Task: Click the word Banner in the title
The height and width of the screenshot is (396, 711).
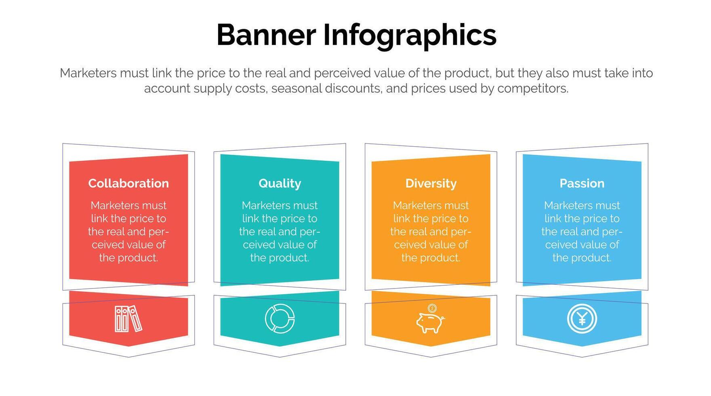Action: [x=266, y=35]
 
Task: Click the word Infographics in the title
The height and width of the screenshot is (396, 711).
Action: [x=410, y=35]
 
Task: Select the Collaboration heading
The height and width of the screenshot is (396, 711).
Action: [x=128, y=183]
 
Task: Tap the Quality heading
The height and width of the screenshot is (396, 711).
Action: [x=280, y=184]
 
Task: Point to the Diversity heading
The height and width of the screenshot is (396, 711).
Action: [x=431, y=184]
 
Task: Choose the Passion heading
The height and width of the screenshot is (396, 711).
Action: [x=582, y=183]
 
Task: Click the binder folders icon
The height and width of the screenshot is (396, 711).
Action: [x=128, y=319]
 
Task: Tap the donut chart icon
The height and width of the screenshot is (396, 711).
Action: [x=280, y=319]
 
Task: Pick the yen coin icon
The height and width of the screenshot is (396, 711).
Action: [x=582, y=319]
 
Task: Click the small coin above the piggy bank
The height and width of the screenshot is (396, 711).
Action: [x=432, y=308]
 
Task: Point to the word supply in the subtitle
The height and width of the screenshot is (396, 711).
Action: [x=210, y=89]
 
